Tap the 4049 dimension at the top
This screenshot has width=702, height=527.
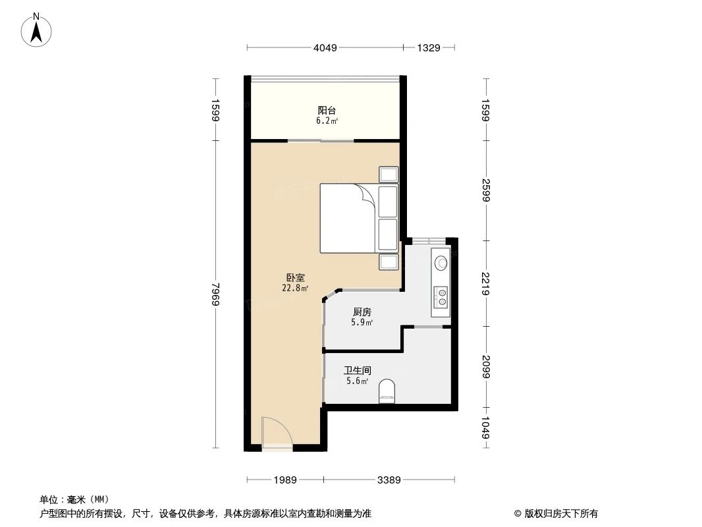pyautogui.click(x=325, y=47)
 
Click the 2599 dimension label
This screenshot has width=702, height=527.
pyautogui.click(x=486, y=191)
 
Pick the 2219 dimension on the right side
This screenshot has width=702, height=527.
pyautogui.click(x=486, y=283)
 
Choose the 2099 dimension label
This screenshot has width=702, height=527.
pyautogui.click(x=486, y=366)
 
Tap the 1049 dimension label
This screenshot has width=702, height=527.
pyautogui.click(x=486, y=428)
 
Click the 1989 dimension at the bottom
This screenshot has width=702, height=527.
pyautogui.click(x=286, y=480)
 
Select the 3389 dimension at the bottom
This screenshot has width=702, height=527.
pyautogui.click(x=389, y=480)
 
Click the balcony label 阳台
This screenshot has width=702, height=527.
pyautogui.click(x=327, y=111)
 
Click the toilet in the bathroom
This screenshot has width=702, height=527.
pyautogui.click(x=387, y=391)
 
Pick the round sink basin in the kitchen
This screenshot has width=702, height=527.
pyautogui.click(x=441, y=262)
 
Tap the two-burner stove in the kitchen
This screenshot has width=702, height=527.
pyautogui.click(x=441, y=297)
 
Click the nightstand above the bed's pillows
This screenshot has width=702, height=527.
pyautogui.click(x=388, y=175)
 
